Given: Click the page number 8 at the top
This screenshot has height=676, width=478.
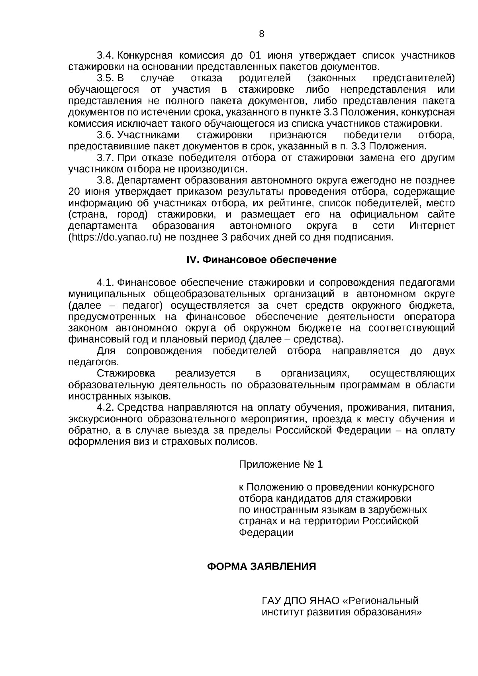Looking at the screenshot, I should point(261,34).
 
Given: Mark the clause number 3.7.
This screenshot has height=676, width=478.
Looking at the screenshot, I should point(106,158).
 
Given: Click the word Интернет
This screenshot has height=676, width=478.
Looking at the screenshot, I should point(432,226).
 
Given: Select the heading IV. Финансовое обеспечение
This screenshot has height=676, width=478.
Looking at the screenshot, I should point(261,260).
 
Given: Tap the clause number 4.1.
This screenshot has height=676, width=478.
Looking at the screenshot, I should point(106,283).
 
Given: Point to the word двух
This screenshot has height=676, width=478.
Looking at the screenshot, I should point(443,351).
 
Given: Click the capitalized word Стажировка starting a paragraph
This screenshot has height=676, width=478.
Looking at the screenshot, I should point(126,374).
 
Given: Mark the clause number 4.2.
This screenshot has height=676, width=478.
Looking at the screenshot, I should point(106,408).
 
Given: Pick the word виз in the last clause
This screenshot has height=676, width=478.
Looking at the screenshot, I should point(142,442).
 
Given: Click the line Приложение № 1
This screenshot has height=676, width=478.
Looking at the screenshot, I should point(280,464).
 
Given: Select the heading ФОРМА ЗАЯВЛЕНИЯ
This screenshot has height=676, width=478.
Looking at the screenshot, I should point(261,567).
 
